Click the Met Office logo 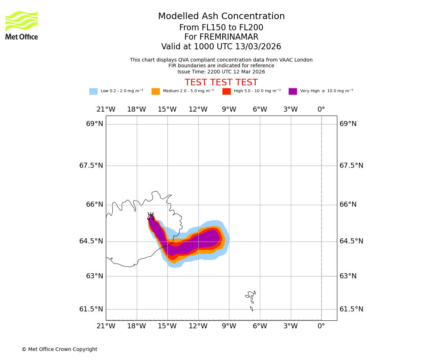22,25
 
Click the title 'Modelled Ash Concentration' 221,17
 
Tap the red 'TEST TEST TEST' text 221,82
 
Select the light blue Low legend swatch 93,91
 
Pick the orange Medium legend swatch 156,91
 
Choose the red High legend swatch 226,91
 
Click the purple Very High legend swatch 293,91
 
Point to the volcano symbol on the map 150,216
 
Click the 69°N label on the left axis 95,124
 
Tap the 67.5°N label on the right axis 351,166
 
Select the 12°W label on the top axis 198,109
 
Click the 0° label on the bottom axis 321,326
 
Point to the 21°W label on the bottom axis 106,326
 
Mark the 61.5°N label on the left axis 91,309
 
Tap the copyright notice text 59,350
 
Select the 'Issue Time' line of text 221,72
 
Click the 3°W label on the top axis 291,109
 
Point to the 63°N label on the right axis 347,276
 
